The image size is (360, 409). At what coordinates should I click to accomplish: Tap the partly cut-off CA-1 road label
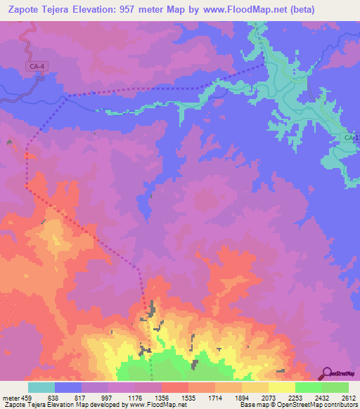point(352,137)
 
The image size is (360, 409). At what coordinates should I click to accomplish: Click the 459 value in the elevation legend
point(27,397)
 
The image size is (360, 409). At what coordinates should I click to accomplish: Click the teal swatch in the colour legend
point(41,387)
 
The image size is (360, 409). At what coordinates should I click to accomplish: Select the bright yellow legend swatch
point(281,387)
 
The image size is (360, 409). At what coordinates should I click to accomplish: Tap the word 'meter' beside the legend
point(10,397)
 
